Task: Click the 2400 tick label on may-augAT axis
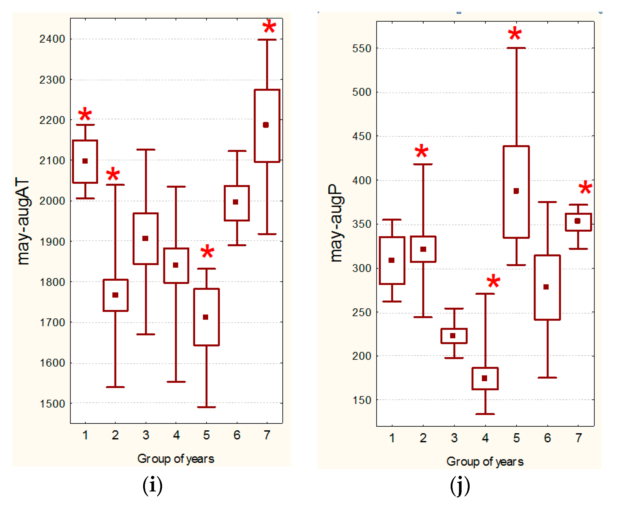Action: (x=52, y=39)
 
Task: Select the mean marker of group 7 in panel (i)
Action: (x=266, y=125)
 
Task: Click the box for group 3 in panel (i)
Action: (x=146, y=239)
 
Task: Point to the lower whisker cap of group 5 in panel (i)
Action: (x=206, y=407)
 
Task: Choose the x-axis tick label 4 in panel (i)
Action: (x=176, y=435)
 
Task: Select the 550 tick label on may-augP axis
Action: (x=362, y=49)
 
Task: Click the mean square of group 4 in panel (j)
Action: (x=484, y=378)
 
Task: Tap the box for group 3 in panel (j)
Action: (x=454, y=336)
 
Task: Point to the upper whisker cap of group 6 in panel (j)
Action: (x=547, y=202)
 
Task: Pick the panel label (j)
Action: (x=460, y=485)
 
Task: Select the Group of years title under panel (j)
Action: (x=485, y=462)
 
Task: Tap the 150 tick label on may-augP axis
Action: (x=362, y=400)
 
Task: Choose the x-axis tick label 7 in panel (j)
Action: (x=578, y=438)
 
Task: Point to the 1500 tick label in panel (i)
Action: (x=52, y=404)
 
